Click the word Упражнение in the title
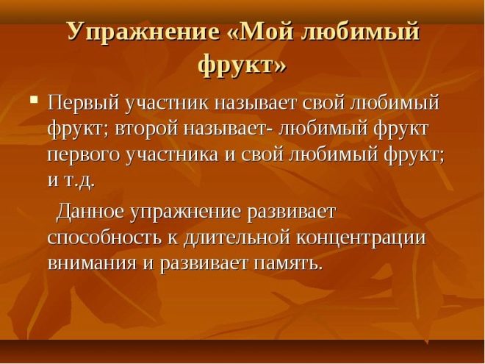[x=143, y=32]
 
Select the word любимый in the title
[x=361, y=32]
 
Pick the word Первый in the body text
[x=84, y=104]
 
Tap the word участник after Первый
[x=168, y=104]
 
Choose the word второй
[x=147, y=129]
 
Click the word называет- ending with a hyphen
[x=229, y=129]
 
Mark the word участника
[x=173, y=154]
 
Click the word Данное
[x=90, y=213]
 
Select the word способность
[x=105, y=238]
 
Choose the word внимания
[x=92, y=264]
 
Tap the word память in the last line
[x=287, y=264]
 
